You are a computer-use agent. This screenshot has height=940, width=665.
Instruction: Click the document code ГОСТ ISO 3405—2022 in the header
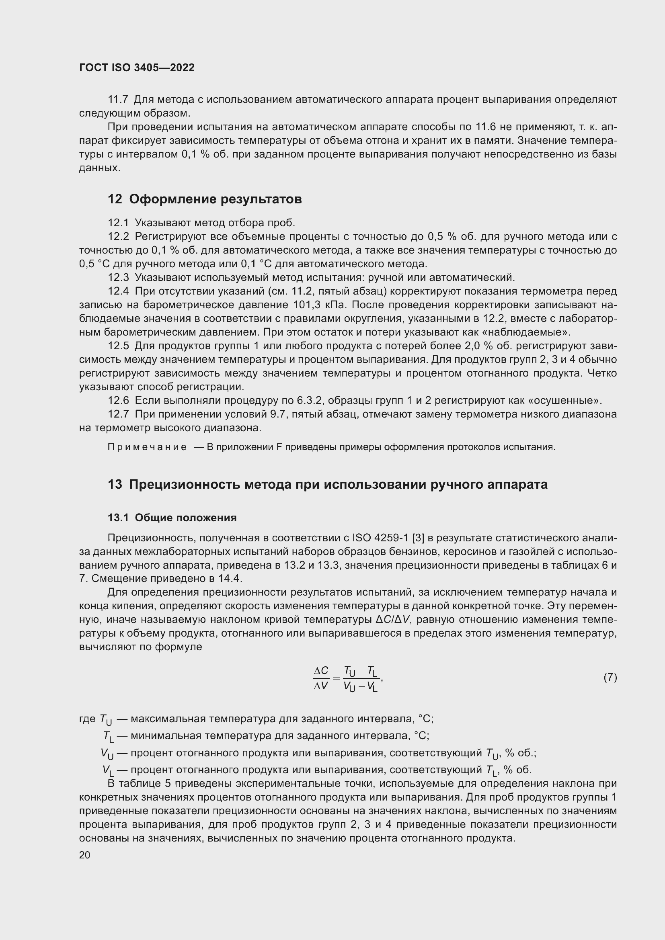[x=137, y=68]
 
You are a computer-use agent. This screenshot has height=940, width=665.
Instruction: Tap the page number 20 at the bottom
[x=84, y=855]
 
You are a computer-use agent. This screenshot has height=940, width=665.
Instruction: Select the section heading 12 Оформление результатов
[x=205, y=199]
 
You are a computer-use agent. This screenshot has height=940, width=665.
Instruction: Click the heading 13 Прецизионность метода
[x=328, y=485]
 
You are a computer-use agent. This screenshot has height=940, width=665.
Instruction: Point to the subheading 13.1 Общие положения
[x=172, y=518]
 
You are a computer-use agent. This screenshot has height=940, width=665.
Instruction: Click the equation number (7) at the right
[x=610, y=677]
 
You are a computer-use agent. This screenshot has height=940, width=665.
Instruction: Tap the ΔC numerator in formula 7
[x=321, y=671]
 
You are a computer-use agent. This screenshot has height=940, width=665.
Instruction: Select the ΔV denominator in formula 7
[x=321, y=686]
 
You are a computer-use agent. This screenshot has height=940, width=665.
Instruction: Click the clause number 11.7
[x=118, y=100]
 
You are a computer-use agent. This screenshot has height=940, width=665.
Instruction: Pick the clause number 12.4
[x=118, y=291]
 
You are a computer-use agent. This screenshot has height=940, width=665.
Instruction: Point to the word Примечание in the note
[x=147, y=447]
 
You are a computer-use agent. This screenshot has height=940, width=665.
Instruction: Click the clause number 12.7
[x=118, y=414]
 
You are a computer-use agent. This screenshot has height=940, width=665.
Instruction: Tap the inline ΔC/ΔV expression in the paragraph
[x=392, y=620]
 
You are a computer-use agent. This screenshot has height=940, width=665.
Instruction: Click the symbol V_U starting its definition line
[x=107, y=753]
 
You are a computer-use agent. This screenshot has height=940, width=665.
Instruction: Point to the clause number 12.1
[x=118, y=223]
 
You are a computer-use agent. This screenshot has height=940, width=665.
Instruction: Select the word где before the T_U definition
[x=87, y=719]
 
